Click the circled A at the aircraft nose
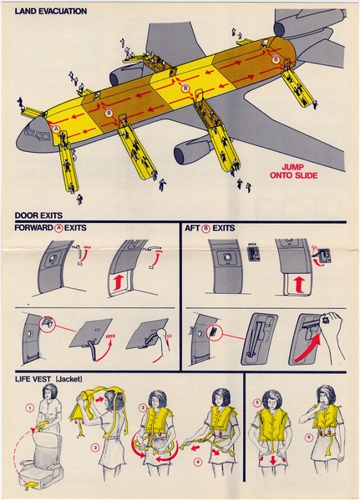(x=56, y=129)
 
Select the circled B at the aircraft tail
(x=276, y=60)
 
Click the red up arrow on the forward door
(x=116, y=282)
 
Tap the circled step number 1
(x=28, y=408)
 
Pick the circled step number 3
(x=142, y=407)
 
